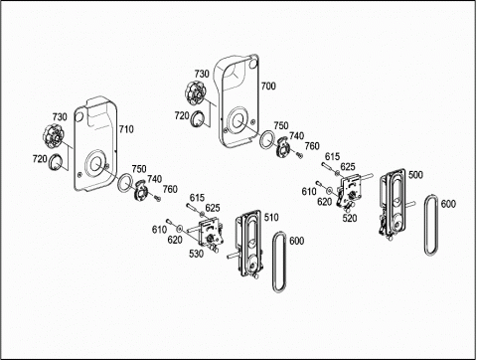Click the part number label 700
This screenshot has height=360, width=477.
(268, 87)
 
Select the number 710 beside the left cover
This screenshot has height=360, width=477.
(126, 129)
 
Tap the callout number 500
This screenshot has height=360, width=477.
(415, 175)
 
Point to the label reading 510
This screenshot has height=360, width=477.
(271, 218)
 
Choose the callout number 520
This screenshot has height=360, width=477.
(350, 218)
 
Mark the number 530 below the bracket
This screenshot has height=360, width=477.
(196, 254)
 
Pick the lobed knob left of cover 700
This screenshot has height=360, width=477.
(196, 92)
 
